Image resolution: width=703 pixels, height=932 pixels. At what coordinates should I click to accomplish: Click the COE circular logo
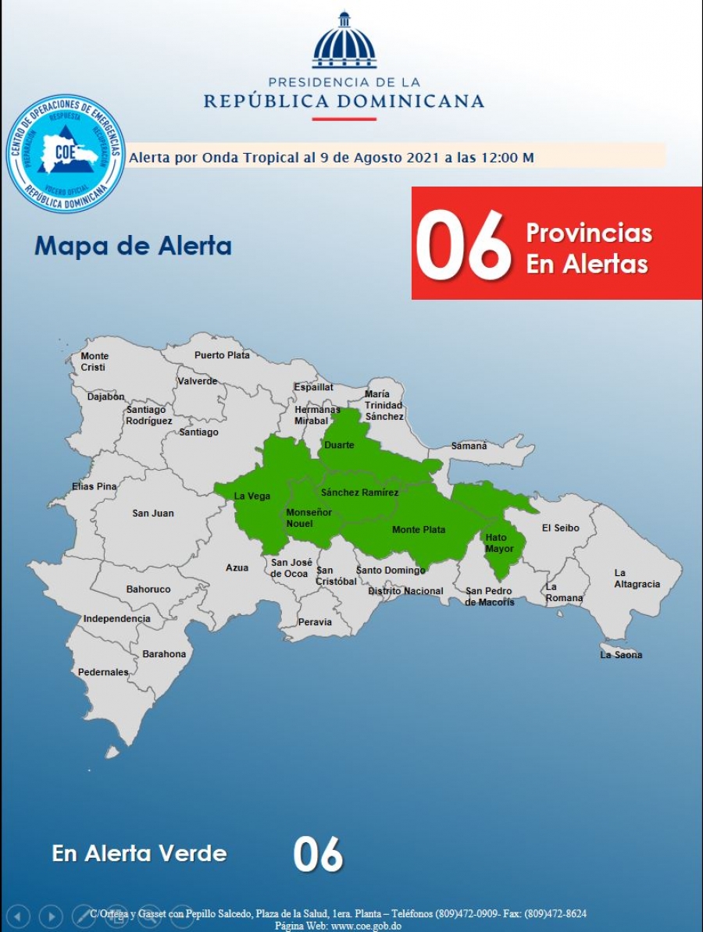(66, 154)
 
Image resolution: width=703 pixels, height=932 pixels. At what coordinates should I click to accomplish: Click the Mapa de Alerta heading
(133, 246)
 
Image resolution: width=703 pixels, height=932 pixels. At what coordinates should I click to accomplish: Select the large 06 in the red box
(462, 244)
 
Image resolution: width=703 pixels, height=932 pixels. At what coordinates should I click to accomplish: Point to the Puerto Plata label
(222, 355)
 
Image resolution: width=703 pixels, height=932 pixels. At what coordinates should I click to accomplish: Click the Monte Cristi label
(95, 361)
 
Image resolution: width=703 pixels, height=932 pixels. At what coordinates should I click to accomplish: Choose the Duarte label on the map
(339, 445)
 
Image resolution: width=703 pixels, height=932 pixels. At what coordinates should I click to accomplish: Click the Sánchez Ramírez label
(359, 493)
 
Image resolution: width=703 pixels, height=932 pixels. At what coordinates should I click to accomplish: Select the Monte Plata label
(419, 530)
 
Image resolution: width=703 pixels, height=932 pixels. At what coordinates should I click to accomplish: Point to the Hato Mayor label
(500, 543)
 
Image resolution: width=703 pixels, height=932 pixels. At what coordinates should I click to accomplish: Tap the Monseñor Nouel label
(309, 518)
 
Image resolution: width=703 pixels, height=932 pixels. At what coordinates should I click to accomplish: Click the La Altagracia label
(637, 578)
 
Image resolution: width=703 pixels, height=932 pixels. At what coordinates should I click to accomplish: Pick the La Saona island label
(621, 655)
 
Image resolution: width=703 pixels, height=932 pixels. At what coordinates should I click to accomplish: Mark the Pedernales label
(103, 672)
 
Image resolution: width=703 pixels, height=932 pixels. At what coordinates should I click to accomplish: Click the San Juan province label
(153, 513)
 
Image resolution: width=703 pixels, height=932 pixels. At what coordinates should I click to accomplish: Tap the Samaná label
(469, 446)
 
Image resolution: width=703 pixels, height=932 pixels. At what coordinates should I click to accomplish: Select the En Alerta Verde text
(139, 853)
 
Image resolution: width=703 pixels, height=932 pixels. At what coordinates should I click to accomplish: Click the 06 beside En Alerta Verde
(318, 855)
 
